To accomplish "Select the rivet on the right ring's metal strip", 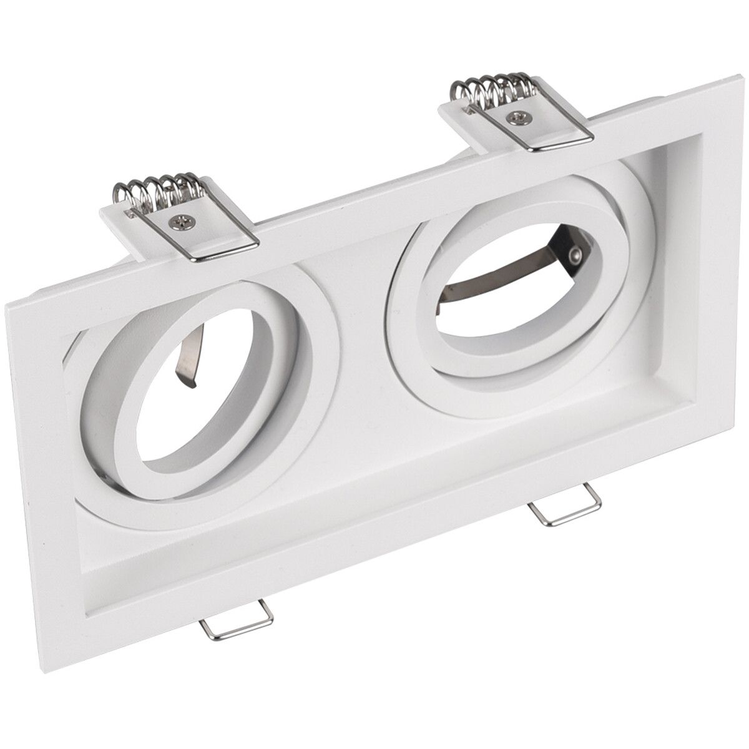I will (577, 255).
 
